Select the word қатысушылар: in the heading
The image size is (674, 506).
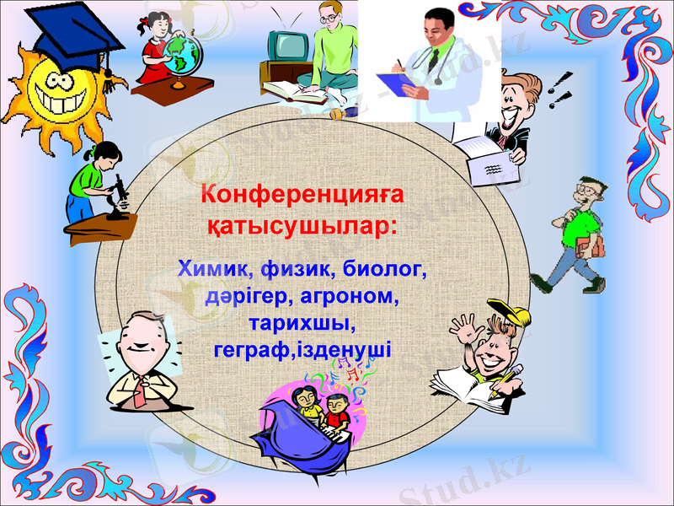tap(302, 226)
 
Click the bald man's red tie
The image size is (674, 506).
tap(143, 388)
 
